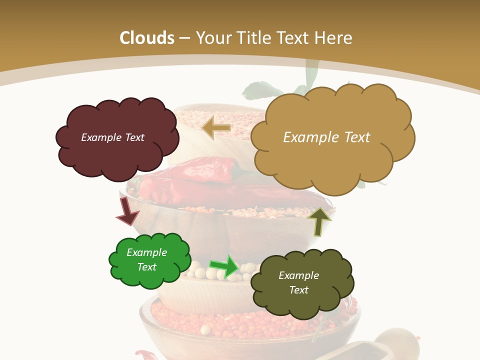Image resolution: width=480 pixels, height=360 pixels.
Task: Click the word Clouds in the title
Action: [x=147, y=37]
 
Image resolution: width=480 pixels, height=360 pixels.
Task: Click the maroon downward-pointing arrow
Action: [x=126, y=210]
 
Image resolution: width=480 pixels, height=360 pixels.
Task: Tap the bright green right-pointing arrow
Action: [x=224, y=266]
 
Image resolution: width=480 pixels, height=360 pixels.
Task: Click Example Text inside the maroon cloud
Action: [x=112, y=137]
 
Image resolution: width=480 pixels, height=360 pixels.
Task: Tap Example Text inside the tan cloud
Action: [x=326, y=137]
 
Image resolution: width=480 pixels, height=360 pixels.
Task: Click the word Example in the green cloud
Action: [x=146, y=252]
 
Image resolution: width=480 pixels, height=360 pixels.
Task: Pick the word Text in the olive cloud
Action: [x=298, y=290]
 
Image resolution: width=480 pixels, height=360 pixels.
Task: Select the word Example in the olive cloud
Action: [x=298, y=275]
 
